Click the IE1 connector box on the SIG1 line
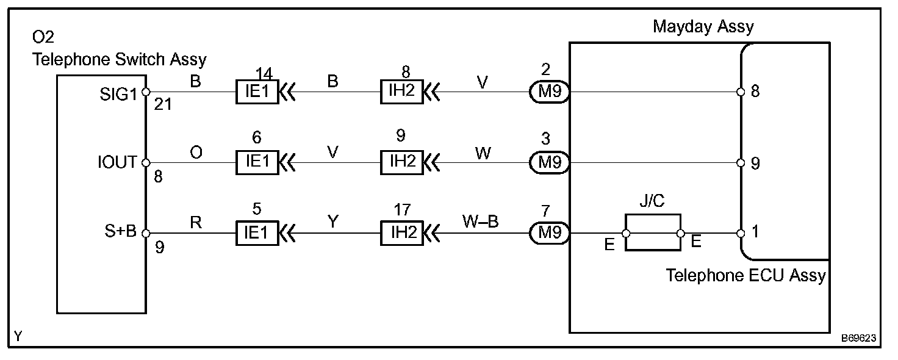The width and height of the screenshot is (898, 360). point(257,93)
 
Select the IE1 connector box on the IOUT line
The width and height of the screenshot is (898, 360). point(257,162)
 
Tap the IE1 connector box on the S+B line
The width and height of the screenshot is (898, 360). point(257,233)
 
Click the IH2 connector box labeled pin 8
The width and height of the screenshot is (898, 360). point(401,93)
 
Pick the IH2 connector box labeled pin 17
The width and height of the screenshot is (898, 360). point(401,233)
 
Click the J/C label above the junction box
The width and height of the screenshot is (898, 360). point(652,202)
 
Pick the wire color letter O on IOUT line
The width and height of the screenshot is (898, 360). point(196,152)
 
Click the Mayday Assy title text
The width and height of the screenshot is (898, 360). point(703,27)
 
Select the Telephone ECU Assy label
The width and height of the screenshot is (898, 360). point(745,276)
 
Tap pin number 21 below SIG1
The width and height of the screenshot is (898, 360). point(162,105)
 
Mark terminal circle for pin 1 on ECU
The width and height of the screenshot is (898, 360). point(741,233)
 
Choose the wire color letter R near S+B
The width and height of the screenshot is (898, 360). point(196,223)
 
